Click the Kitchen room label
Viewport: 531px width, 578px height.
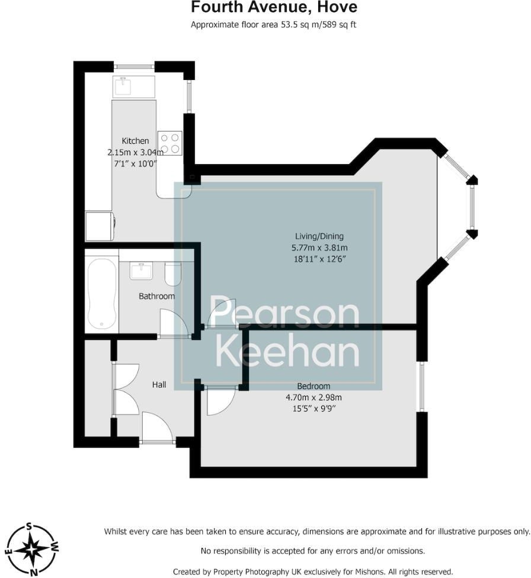tap(135, 141)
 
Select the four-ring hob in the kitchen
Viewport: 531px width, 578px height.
tap(170, 143)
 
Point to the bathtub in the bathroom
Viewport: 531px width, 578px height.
tap(101, 293)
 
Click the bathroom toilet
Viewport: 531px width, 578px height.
tap(173, 274)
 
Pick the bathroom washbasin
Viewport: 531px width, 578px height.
tap(142, 272)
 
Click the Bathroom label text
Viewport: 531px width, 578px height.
tap(156, 296)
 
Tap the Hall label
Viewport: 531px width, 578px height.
tap(159, 385)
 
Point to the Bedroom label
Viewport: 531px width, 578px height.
tap(314, 387)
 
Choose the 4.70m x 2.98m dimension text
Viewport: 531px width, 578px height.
tap(314, 398)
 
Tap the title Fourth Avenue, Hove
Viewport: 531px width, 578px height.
tap(274, 8)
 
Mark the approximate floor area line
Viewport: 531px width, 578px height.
tap(273, 25)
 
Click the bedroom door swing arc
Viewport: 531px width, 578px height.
tap(218, 403)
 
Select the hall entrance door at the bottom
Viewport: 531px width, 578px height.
tap(156, 428)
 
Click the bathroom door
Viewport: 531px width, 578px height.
tap(175, 323)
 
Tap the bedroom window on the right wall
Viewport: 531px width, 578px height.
tap(421, 386)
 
